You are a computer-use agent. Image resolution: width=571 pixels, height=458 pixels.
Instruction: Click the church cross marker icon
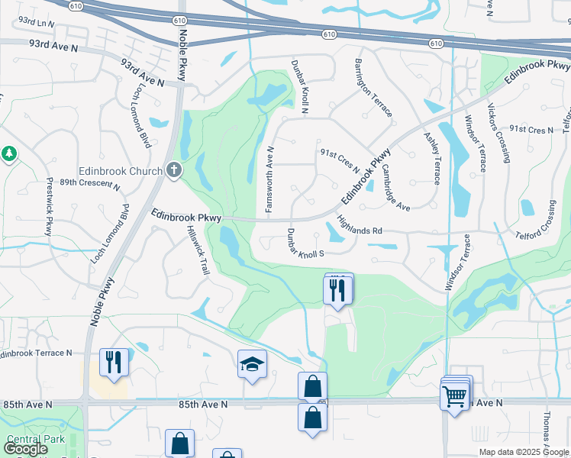tap(174, 169)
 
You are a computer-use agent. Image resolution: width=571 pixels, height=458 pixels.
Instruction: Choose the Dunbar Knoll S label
tap(306, 243)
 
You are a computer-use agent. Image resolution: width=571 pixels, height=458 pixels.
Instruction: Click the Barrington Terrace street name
tap(373, 89)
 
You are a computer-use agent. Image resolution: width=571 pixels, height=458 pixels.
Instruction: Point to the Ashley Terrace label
tap(431, 158)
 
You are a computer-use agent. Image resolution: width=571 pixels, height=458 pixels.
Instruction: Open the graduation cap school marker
tap(252, 365)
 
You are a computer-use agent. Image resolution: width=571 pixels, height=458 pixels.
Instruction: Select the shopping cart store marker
tap(454, 395)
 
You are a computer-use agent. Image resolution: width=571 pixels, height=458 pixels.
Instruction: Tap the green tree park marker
tap(9, 154)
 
